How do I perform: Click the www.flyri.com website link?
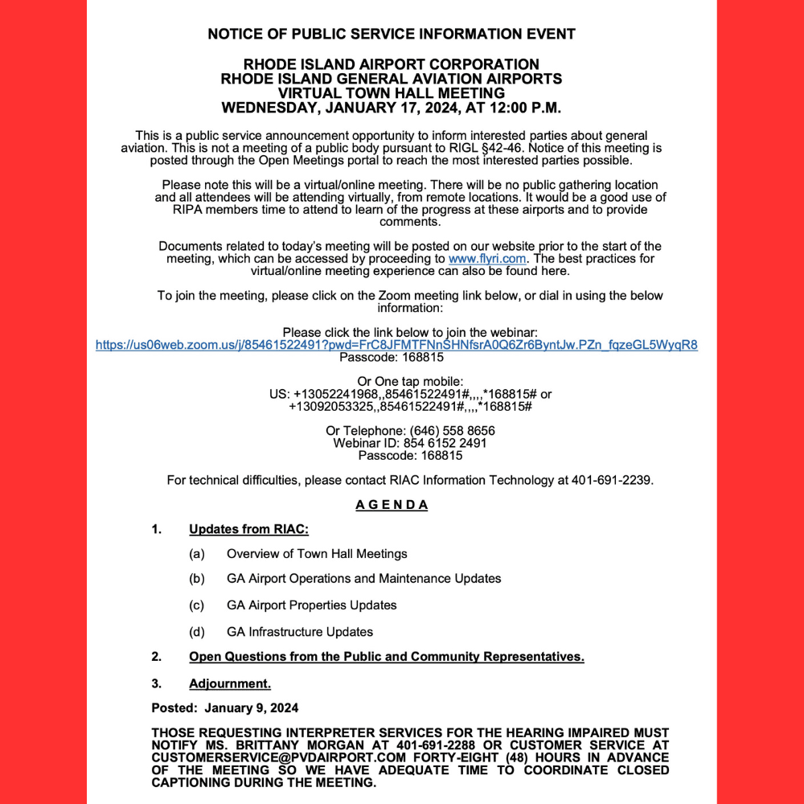[487, 259]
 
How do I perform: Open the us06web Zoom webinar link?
[396, 345]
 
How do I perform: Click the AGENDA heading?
[392, 505]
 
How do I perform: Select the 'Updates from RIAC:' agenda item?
[248, 529]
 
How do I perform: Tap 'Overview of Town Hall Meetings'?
[317, 553]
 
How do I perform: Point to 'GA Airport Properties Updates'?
[312, 605]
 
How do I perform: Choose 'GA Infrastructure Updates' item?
[300, 631]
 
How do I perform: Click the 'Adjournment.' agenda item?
[230, 683]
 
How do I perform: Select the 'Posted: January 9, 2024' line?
[225, 708]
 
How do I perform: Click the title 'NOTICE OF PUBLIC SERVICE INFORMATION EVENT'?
[392, 34]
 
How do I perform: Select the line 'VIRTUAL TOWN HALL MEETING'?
[392, 92]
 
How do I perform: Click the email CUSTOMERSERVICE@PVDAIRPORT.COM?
[262, 757]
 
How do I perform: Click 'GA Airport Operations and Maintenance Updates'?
[363, 578]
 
